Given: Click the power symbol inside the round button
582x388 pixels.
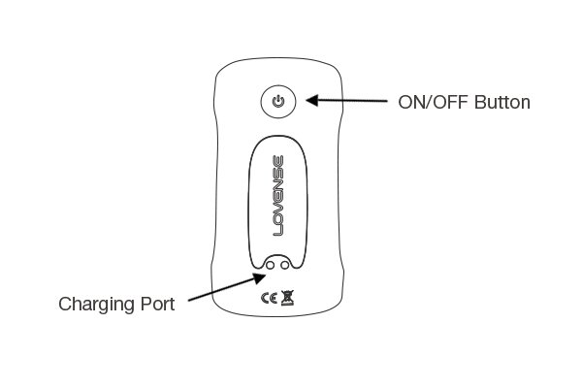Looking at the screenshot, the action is (278, 101).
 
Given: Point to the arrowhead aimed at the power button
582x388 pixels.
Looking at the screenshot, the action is (312, 100).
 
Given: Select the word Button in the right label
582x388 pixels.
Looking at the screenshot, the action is (502, 102).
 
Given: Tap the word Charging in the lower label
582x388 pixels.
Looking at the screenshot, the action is (96, 306).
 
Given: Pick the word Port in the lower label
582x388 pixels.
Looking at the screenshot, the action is (157, 304).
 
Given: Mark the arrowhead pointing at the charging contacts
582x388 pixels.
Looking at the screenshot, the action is (259, 277).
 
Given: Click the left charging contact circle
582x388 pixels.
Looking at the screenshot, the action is (271, 265).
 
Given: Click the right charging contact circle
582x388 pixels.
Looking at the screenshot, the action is (285, 265).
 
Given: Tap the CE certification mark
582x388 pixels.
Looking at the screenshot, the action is (269, 298).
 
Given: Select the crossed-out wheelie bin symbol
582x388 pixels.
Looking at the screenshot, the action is (287, 298).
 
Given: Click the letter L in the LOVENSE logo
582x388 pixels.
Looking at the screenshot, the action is (278, 231).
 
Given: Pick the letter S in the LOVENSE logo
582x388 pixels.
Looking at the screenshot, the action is (278, 173).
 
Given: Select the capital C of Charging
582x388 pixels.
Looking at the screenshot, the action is (65, 304).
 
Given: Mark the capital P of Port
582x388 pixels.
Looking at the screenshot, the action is (145, 304).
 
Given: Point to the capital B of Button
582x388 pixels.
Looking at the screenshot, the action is (480, 102).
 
